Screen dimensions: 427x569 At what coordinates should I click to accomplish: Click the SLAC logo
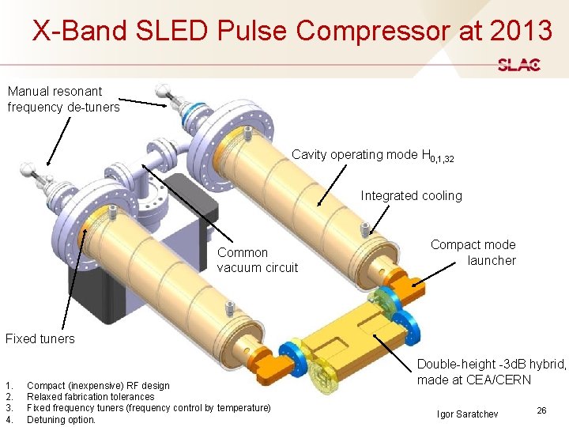coord(519,65)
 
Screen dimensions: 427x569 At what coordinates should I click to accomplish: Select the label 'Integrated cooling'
coord(411,195)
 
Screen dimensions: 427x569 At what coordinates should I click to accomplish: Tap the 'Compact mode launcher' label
coord(473,252)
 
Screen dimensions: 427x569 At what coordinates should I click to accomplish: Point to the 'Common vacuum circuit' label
coord(257,260)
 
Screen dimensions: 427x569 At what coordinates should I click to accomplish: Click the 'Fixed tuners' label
coord(40,338)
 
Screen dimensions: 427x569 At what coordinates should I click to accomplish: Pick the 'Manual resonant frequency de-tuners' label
coord(63,99)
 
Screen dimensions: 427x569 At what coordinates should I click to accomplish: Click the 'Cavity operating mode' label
coord(372,155)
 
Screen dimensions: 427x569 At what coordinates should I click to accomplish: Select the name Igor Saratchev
coord(467,414)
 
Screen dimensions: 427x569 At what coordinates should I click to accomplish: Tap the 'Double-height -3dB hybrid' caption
coord(491,372)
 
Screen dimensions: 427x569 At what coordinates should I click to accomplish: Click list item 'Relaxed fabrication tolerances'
coord(90,396)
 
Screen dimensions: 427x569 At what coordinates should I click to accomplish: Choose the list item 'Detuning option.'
coord(61,420)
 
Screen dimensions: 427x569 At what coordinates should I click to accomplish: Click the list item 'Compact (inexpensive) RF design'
coord(98,385)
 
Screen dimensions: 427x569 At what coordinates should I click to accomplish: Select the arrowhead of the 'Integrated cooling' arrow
coord(318,205)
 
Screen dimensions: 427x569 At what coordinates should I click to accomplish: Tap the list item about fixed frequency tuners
coord(149,408)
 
